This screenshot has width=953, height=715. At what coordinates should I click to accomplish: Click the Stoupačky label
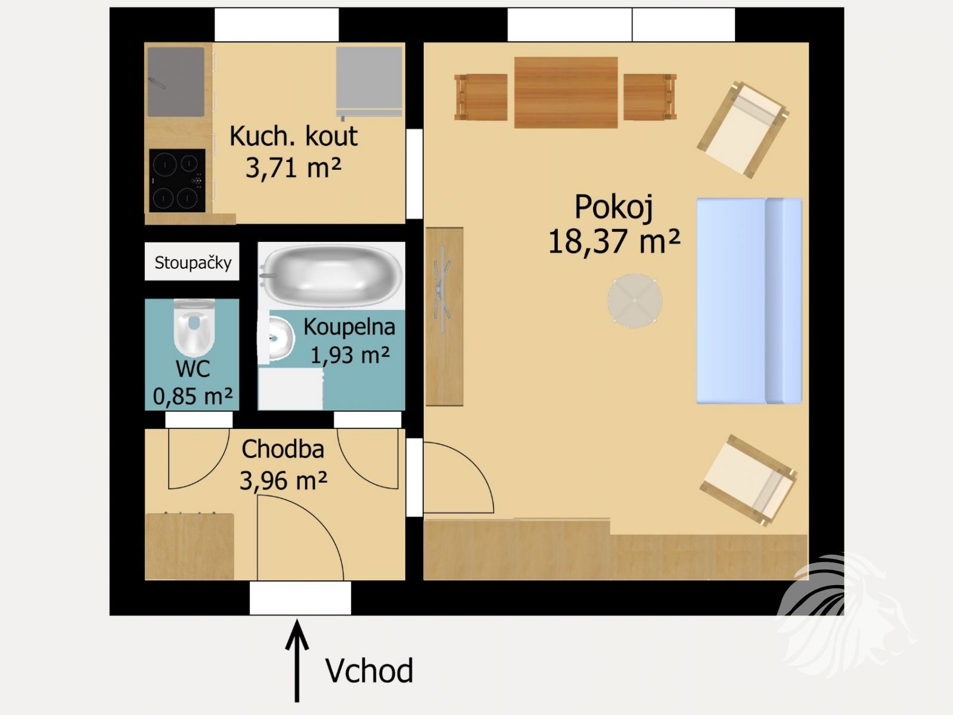[193, 263]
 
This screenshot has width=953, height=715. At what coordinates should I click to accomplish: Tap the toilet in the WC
[194, 328]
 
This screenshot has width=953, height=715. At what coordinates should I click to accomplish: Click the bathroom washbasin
[281, 338]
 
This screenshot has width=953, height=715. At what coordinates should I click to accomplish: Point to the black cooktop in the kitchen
[177, 181]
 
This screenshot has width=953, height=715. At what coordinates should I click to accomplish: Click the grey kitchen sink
[176, 82]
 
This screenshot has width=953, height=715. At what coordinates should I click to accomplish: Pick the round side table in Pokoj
[635, 301]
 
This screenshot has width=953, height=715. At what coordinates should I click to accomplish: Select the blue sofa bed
[749, 301]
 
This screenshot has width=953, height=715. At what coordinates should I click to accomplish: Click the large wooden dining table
[566, 92]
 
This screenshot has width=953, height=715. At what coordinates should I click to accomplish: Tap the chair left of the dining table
[480, 97]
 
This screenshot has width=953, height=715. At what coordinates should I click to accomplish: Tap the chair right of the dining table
[650, 97]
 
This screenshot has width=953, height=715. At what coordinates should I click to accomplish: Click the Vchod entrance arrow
[297, 660]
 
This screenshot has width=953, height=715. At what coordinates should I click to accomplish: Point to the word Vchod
[369, 671]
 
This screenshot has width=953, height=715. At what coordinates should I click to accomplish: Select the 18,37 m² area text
[613, 242]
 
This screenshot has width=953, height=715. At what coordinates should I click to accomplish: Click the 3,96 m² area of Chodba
[283, 481]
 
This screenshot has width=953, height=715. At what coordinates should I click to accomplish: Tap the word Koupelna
[349, 327]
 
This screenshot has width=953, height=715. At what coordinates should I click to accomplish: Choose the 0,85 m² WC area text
[193, 396]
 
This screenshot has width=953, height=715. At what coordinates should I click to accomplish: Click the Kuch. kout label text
[293, 136]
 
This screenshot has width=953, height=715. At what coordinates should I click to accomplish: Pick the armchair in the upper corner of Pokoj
[743, 130]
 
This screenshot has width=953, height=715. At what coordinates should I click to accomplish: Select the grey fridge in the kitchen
[369, 82]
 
